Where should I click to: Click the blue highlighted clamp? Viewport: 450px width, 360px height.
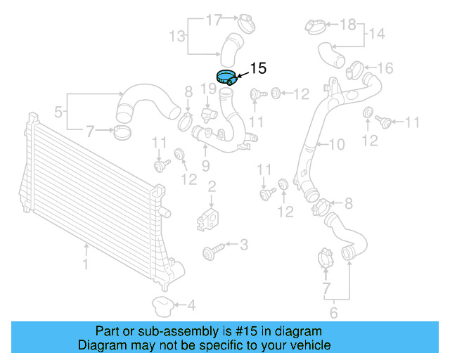[x=226, y=77]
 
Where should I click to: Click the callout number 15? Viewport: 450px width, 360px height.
[x=258, y=68]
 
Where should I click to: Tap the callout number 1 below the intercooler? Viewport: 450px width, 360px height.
[x=86, y=264]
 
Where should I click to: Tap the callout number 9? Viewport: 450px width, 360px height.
[x=205, y=166]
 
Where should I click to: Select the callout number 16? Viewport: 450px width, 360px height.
[x=385, y=68]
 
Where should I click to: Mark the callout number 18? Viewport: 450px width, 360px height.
[x=348, y=25]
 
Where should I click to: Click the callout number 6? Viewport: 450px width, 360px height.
[x=333, y=312]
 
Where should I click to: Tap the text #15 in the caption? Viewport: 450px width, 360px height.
[x=227, y=331]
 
